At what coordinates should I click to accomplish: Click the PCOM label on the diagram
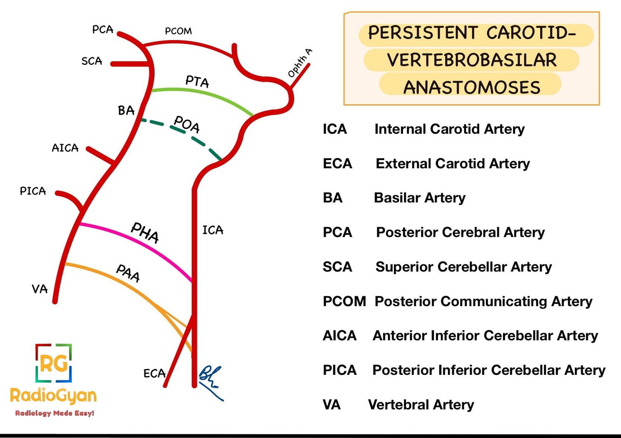tap(178, 31)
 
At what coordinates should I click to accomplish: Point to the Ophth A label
tap(300, 63)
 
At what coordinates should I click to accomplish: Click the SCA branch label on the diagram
tap(92, 61)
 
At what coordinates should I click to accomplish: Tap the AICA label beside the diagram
tap(65, 148)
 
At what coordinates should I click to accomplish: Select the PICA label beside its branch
tap(33, 191)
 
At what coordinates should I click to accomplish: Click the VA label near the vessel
tap(40, 289)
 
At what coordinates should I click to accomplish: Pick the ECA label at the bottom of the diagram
tap(154, 374)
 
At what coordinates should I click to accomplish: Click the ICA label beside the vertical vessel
tap(213, 230)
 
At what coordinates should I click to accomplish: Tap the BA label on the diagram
tap(126, 111)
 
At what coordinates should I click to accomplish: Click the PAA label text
tap(128, 273)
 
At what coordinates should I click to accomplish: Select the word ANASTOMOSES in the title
tap(472, 88)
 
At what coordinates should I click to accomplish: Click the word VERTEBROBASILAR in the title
tap(472, 60)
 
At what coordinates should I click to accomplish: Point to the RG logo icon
tap(54, 363)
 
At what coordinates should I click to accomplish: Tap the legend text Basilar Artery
tap(420, 198)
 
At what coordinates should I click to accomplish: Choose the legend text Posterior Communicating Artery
tap(483, 302)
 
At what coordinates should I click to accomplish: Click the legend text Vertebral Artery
tap(421, 405)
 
